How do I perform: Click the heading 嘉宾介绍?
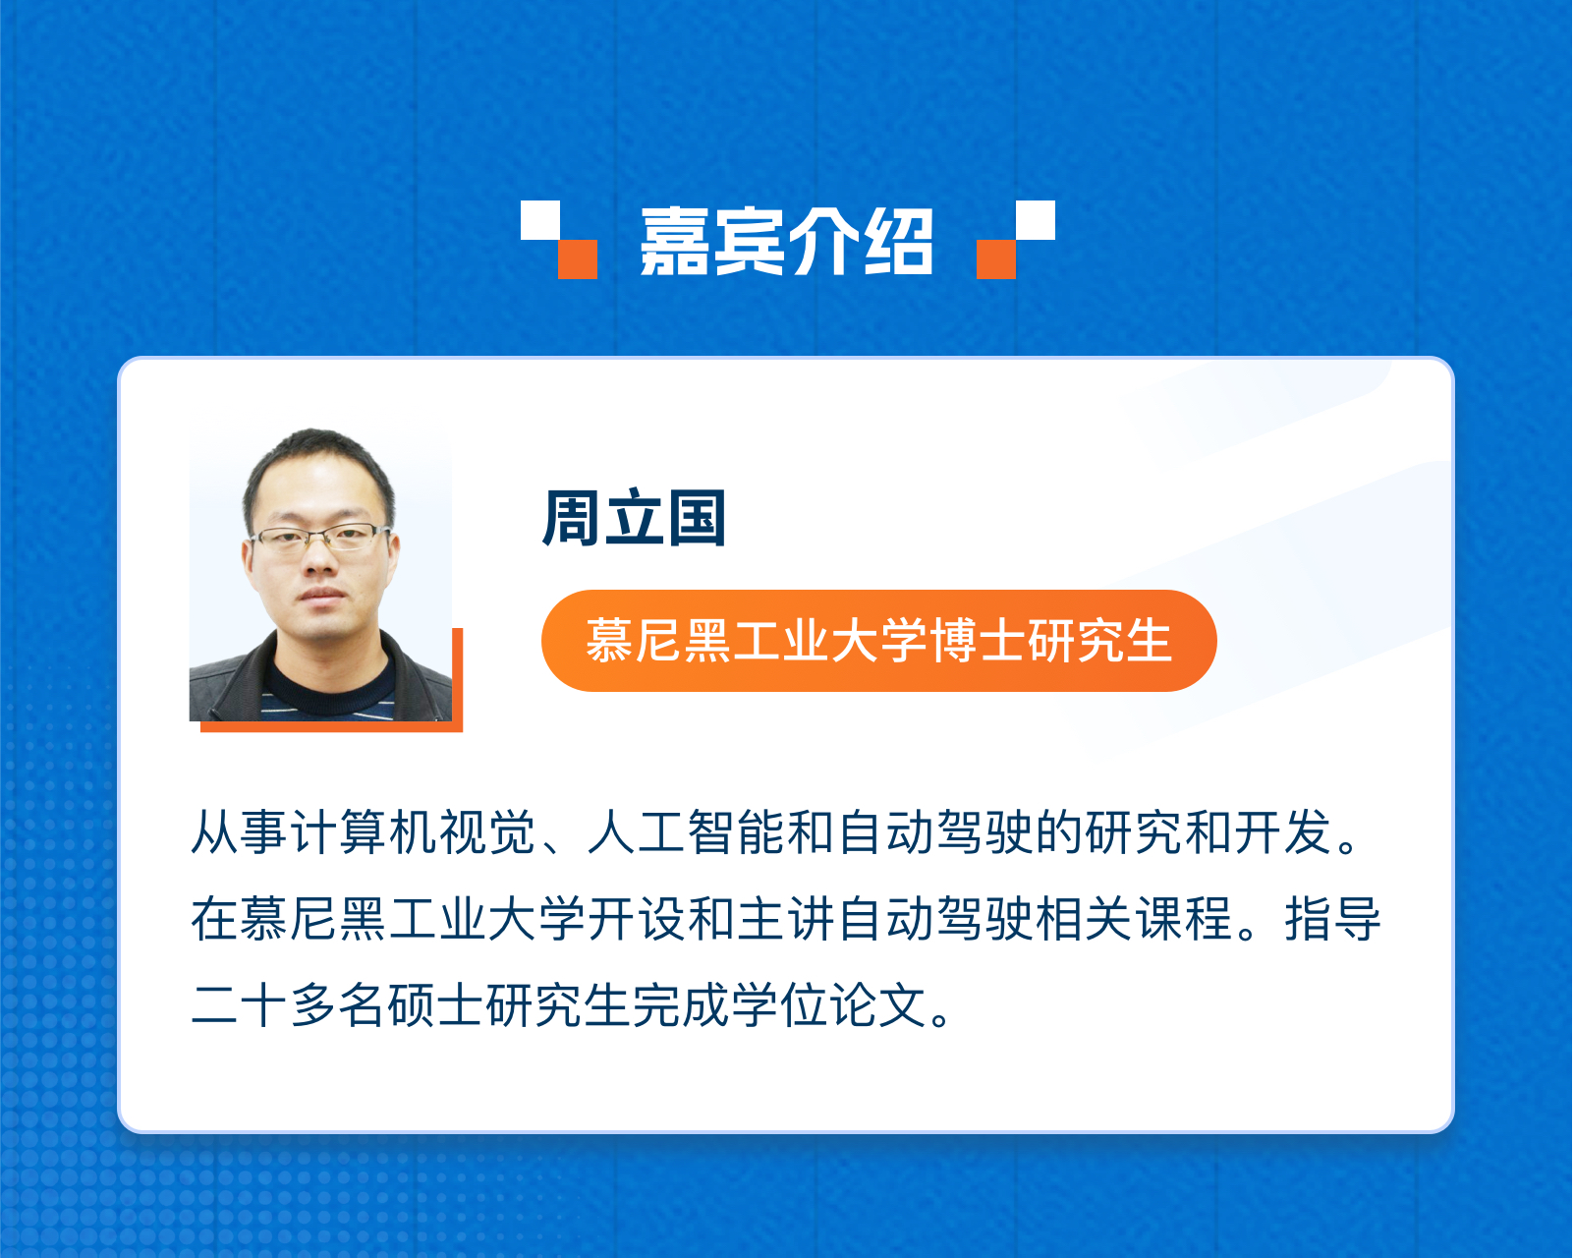(786, 241)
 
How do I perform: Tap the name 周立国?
(634, 517)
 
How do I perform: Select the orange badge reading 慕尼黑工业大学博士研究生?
(878, 641)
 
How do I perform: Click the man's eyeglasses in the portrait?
(319, 538)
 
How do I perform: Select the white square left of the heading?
(539, 219)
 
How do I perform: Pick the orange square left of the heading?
(578, 259)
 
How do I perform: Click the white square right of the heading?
(1036, 219)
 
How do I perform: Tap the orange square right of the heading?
(996, 259)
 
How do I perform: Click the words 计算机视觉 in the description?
(414, 832)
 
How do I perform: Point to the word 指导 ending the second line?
(1332, 919)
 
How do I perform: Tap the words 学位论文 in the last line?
(830, 1005)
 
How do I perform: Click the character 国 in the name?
(697, 517)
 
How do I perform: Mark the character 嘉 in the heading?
(674, 241)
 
